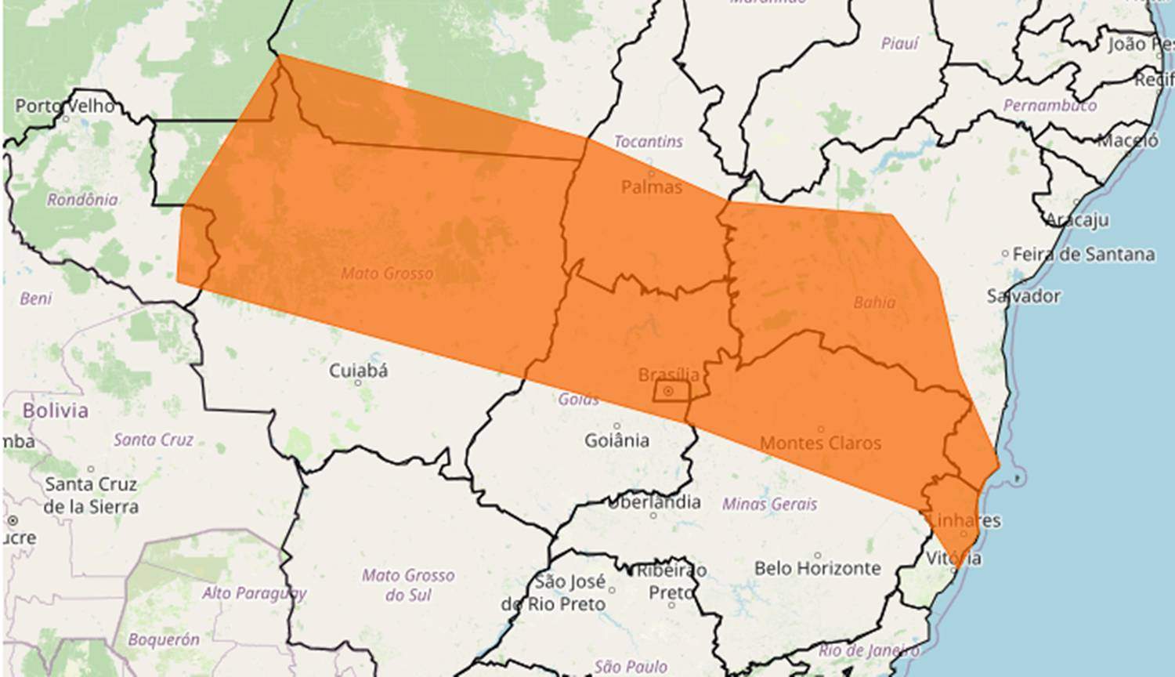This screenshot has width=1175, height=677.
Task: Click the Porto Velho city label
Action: click(65, 105)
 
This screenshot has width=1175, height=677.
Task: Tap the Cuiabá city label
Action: click(358, 370)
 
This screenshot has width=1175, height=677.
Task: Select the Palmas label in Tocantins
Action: click(652, 186)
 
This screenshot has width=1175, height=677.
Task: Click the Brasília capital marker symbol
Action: click(667, 390)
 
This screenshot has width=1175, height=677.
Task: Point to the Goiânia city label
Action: click(616, 440)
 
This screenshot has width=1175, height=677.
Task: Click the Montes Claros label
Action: click(820, 443)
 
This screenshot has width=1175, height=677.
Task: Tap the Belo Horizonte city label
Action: click(818, 567)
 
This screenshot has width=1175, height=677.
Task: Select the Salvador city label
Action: click(1024, 296)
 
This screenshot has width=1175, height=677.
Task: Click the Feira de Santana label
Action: click(1083, 254)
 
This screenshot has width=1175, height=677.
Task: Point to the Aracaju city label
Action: click(1078, 219)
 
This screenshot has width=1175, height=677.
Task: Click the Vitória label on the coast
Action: click(953, 558)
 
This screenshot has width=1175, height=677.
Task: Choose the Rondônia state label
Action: click(82, 200)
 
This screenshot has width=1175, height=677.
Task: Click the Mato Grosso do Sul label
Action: click(408, 585)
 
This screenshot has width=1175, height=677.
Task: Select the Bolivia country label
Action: click(56, 411)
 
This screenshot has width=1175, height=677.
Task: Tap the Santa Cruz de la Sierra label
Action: click(91, 495)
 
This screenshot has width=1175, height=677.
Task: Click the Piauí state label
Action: click(899, 44)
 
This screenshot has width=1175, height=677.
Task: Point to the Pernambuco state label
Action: click(1050, 105)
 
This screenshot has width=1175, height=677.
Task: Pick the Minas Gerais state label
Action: click(769, 504)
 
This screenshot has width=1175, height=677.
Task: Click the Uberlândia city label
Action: click(654, 501)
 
